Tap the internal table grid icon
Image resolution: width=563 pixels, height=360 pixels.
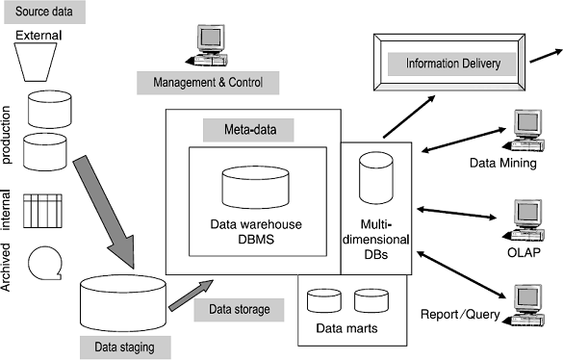coord(42,210)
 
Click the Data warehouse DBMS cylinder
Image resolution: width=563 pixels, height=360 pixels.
coord(255,191)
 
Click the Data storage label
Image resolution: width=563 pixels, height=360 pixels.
coord(239,308)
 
